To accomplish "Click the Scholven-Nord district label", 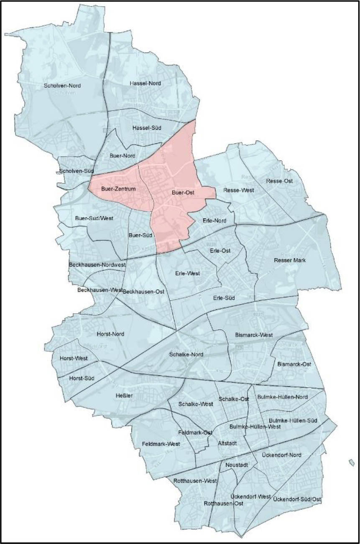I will point(62,86).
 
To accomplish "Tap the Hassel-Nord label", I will point(146,83).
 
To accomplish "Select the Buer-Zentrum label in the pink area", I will point(119,189).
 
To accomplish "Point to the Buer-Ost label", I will point(183,193).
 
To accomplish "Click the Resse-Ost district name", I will point(279,181).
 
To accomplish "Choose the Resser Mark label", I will point(290,260).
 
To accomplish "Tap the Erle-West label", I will point(188,273).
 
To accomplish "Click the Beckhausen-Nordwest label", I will point(97,264).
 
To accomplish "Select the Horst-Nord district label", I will point(110,334).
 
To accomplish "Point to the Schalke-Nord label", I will point(186,354).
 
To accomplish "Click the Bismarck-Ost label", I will point(294,364).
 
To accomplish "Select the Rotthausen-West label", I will point(195,481).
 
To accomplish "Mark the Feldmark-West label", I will point(161,444).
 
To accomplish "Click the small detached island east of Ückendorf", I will point(352,462).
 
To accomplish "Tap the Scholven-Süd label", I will point(77,171).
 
